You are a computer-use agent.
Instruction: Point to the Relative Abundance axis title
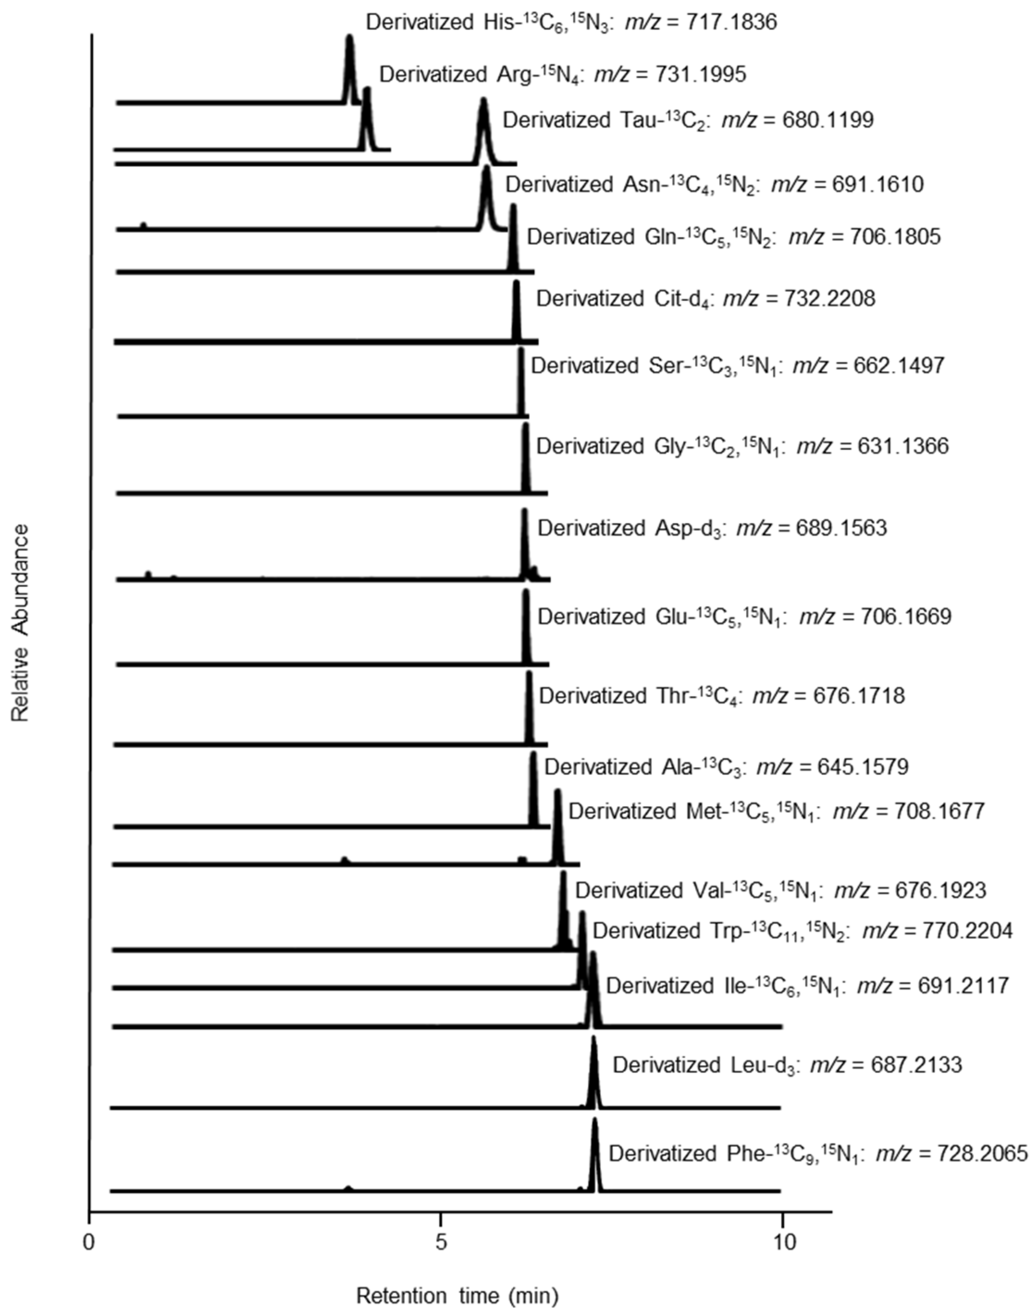(20, 623)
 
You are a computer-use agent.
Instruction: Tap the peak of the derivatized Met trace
(557, 792)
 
